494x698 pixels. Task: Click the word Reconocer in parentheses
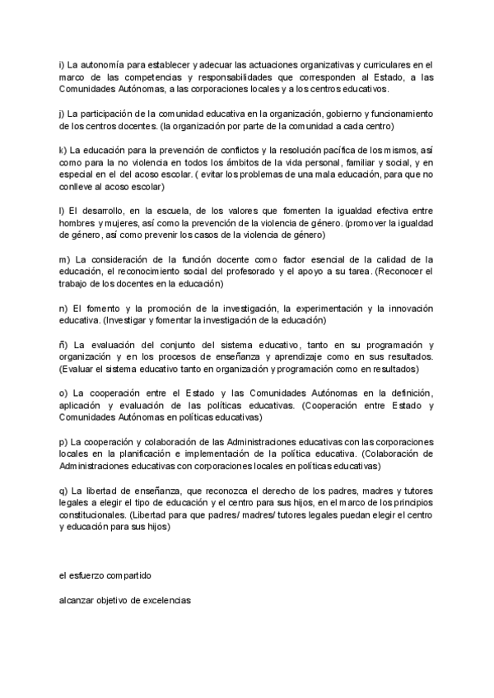(403, 272)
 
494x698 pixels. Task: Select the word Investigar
(123, 320)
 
